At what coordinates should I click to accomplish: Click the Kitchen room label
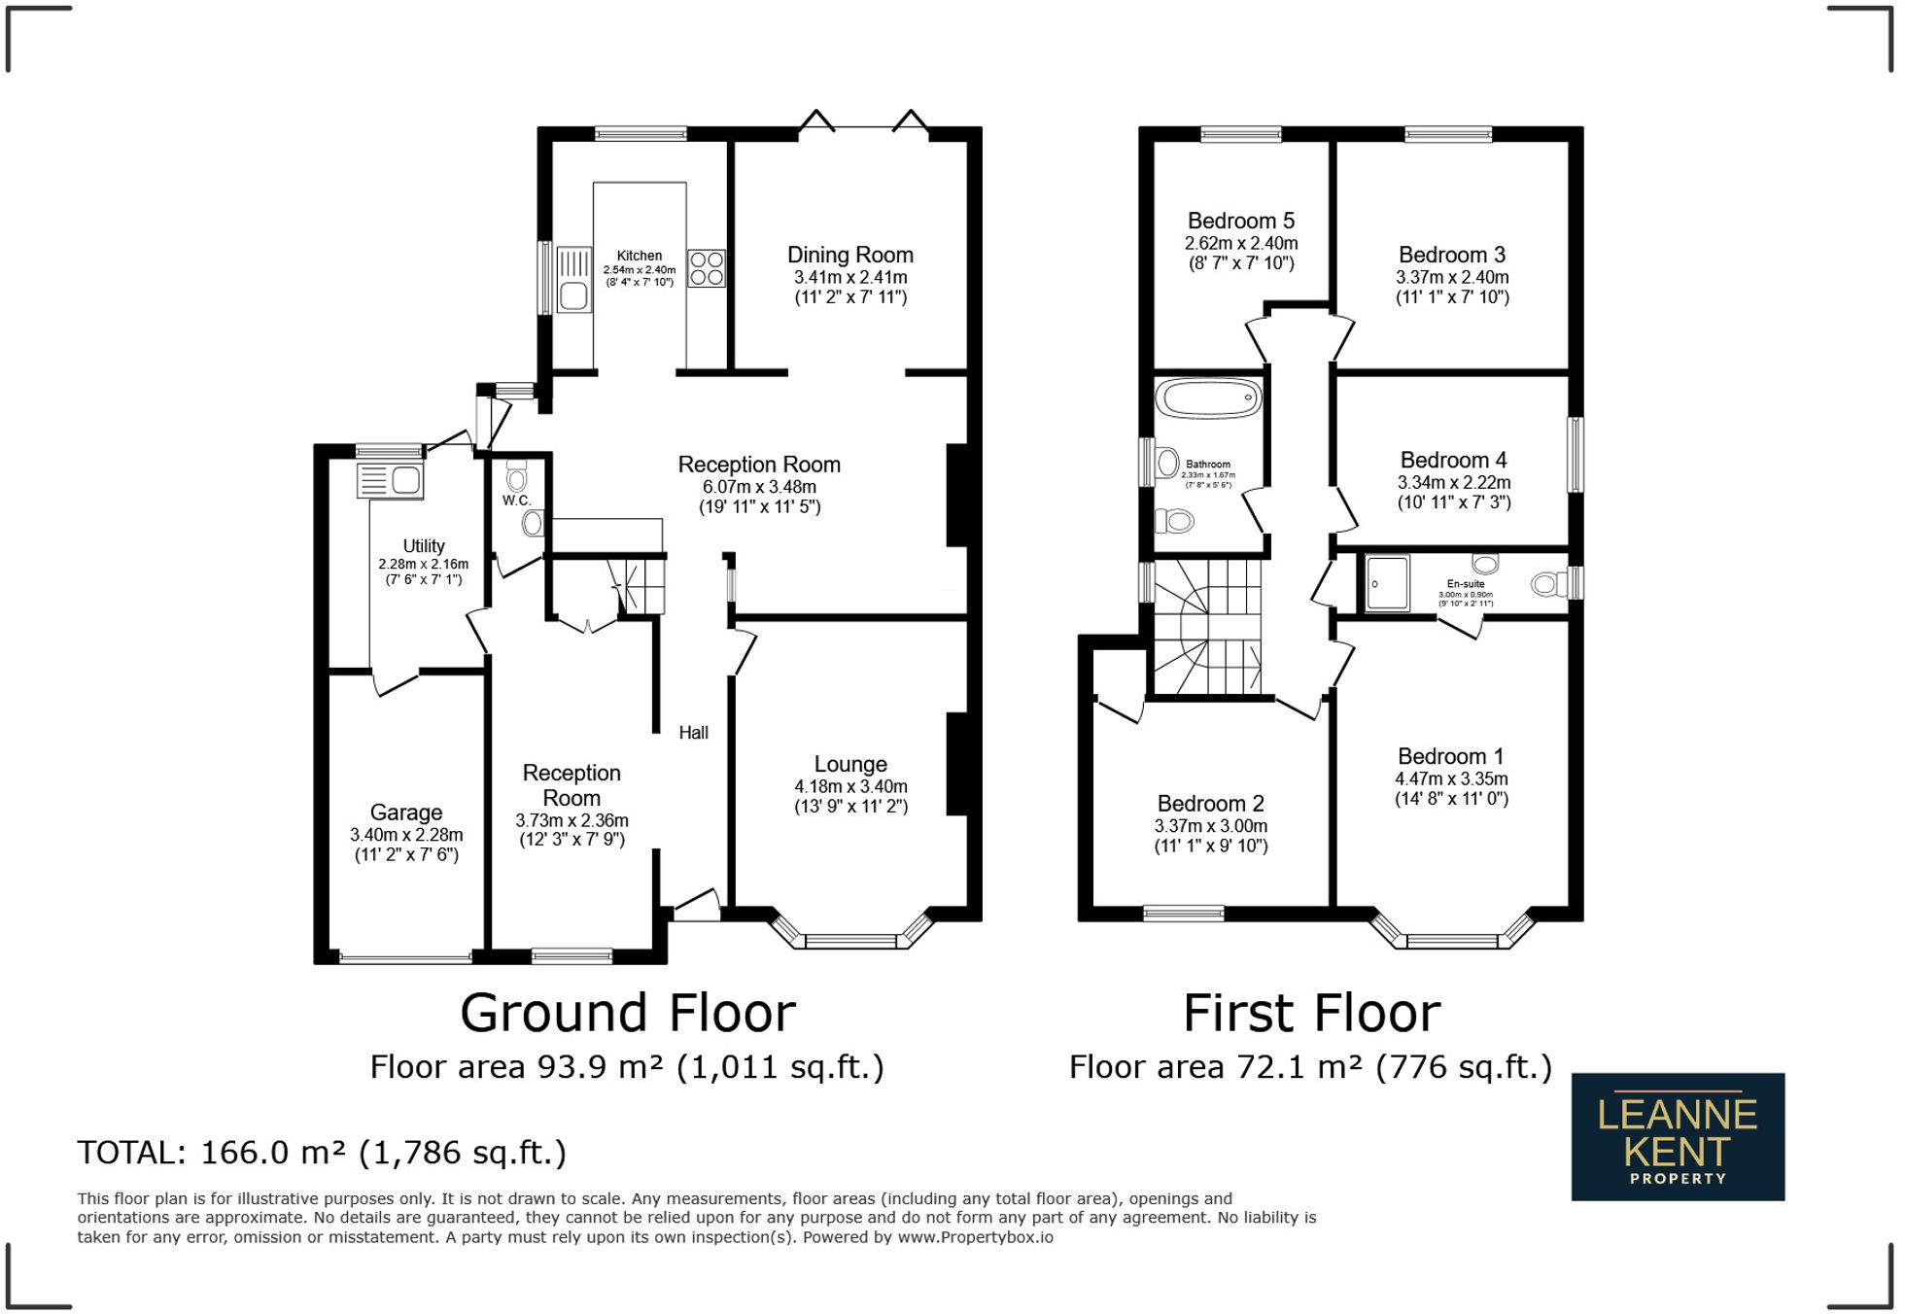click(x=640, y=256)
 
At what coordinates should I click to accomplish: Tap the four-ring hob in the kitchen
click(x=707, y=268)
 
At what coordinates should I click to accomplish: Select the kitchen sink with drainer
click(x=573, y=280)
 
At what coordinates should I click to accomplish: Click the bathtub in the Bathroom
click(x=1208, y=398)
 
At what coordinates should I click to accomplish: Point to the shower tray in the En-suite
click(x=1387, y=583)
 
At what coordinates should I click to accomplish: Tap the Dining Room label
click(x=850, y=255)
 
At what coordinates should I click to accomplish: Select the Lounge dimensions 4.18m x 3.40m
click(x=850, y=786)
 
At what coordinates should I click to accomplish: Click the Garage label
click(x=406, y=813)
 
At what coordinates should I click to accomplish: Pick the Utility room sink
click(x=391, y=480)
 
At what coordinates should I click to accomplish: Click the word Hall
click(x=693, y=733)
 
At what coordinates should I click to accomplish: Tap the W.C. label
click(x=516, y=501)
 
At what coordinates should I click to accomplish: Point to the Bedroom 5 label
click(x=1241, y=221)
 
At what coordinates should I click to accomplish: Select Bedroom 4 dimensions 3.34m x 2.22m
click(x=1454, y=482)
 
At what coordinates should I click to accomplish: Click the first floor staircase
click(x=1207, y=628)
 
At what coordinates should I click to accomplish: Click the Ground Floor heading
click(x=628, y=1013)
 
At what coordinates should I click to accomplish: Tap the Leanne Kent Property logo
click(x=1678, y=1136)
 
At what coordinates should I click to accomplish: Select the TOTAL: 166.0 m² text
click(x=322, y=1153)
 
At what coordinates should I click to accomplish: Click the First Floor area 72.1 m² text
click(x=1310, y=1067)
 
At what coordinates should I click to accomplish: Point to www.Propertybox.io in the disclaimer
click(x=975, y=1237)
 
